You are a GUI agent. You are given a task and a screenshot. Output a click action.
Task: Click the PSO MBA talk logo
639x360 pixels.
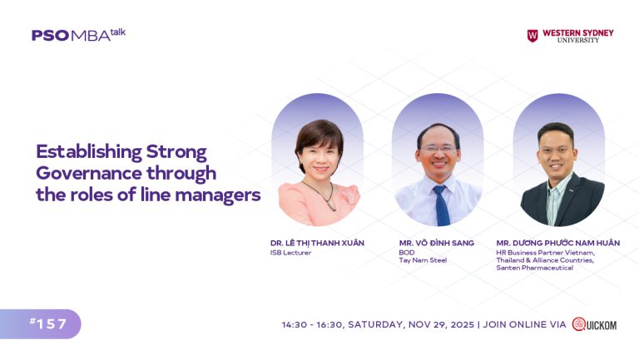point(78,35)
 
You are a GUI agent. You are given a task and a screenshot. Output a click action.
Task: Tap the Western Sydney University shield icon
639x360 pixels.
point(532,36)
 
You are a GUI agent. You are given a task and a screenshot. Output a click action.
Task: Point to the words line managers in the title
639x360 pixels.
point(208,195)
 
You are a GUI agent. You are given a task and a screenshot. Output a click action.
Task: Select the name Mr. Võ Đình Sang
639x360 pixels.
point(436,243)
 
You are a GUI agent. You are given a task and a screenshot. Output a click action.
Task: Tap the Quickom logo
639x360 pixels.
point(594,324)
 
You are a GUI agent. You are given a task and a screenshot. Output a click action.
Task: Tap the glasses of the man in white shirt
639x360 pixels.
point(438,149)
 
